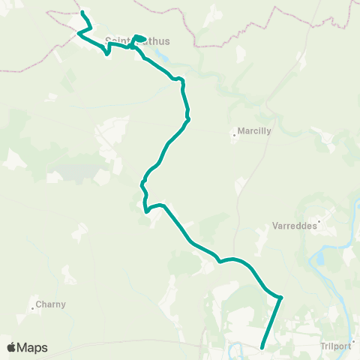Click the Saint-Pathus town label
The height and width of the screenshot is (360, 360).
(138, 41)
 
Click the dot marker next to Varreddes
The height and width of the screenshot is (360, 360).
(319, 221)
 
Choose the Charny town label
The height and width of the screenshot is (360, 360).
(50, 304)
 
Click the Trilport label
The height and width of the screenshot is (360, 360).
(334, 346)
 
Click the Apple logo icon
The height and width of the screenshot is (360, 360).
(12, 347)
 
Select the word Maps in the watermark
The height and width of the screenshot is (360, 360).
(33, 347)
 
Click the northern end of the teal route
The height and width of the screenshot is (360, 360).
(82, 13)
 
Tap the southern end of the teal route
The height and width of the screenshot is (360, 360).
(261, 347)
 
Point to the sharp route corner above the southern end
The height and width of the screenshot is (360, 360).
(280, 298)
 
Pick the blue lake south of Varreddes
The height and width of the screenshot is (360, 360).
(320, 260)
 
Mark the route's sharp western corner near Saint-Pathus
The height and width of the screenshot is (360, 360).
(79, 32)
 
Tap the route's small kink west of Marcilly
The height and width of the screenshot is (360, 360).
(188, 116)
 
